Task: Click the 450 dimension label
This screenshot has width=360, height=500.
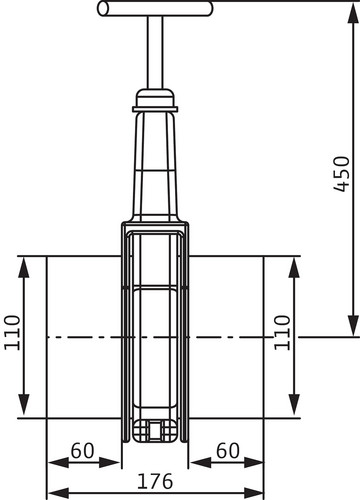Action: (x=342, y=174)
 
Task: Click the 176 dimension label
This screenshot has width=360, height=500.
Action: (x=155, y=481)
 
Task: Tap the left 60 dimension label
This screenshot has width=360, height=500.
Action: (x=82, y=450)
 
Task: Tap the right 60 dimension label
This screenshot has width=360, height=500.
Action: (x=228, y=450)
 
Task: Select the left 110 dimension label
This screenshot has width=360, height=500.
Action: (x=12, y=332)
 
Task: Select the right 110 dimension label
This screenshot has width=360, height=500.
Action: (x=282, y=332)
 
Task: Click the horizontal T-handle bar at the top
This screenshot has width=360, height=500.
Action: (x=155, y=9)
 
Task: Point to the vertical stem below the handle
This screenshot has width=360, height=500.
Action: (x=155, y=52)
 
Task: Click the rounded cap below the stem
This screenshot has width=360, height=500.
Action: (x=155, y=97)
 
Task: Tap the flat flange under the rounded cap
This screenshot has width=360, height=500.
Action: (x=155, y=109)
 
